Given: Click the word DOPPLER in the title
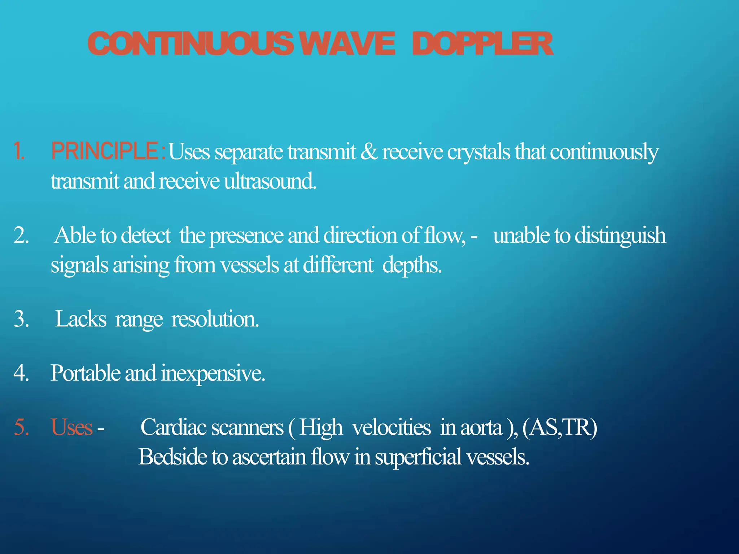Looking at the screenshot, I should [482, 44].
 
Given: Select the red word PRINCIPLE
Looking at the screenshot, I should [104, 151].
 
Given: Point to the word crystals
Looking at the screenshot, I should [478, 151].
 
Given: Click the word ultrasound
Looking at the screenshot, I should [270, 181].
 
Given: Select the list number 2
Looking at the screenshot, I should [21, 236].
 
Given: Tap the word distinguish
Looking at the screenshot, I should [620, 236].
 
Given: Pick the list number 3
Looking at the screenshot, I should [21, 319].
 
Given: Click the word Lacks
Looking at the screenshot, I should [81, 319].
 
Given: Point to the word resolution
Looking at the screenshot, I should [215, 319].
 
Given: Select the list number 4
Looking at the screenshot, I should [21, 373].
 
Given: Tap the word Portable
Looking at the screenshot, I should [85, 373].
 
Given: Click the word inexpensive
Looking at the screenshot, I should [213, 373].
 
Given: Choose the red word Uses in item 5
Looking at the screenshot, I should [71, 427].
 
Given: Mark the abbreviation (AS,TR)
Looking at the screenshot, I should [560, 427].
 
